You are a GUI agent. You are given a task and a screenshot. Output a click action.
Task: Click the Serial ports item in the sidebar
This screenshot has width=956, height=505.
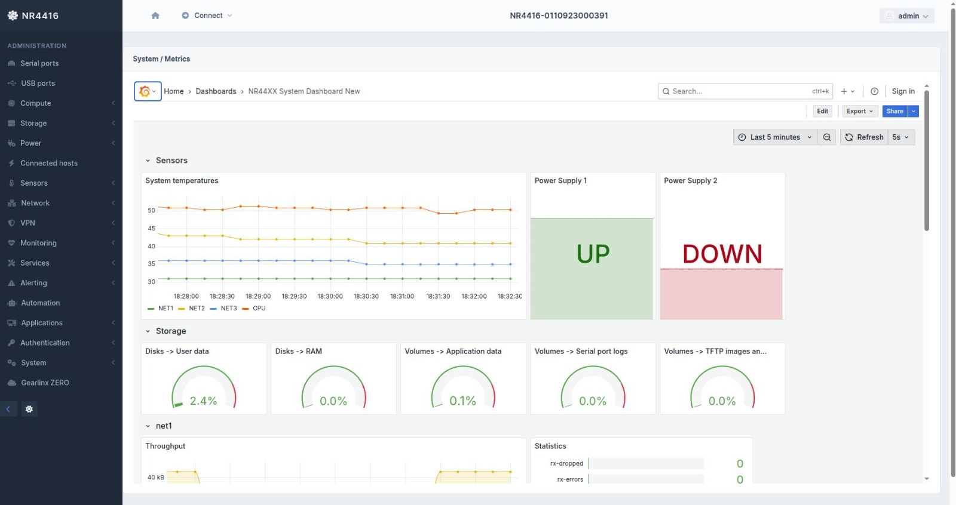pyautogui.click(x=39, y=63)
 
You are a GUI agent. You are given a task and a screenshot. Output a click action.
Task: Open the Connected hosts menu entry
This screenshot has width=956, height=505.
pyautogui.click(x=48, y=163)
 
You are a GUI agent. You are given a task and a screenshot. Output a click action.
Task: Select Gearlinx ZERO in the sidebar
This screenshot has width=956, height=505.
pyautogui.click(x=45, y=383)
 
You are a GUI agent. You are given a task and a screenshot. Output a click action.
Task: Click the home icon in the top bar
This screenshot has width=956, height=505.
pyautogui.click(x=155, y=16)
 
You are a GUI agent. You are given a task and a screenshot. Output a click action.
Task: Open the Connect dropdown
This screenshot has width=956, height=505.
pyautogui.click(x=207, y=16)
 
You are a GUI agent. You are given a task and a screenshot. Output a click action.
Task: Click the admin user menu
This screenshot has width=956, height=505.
pyautogui.click(x=907, y=16)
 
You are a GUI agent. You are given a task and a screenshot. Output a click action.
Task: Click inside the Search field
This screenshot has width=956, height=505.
pyautogui.click(x=738, y=91)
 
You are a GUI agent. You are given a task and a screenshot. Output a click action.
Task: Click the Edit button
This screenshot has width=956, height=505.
pyautogui.click(x=822, y=111)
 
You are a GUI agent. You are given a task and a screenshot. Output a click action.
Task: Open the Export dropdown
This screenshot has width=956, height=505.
pyautogui.click(x=859, y=111)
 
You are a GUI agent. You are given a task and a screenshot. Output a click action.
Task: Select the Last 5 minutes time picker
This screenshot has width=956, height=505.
pyautogui.click(x=774, y=137)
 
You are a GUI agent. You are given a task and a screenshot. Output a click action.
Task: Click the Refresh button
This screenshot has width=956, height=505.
pyautogui.click(x=864, y=137)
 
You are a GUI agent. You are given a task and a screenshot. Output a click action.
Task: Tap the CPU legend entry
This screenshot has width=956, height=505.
pyautogui.click(x=259, y=309)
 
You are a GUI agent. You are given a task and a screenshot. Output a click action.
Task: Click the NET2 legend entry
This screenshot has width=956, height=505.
pyautogui.click(x=197, y=309)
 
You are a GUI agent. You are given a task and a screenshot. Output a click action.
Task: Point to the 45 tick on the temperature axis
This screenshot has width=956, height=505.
pyautogui.click(x=151, y=229)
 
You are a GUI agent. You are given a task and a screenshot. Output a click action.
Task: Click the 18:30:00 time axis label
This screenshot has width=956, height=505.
pyautogui.click(x=330, y=296)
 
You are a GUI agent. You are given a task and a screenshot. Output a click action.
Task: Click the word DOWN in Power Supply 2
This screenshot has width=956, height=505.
pyautogui.click(x=722, y=254)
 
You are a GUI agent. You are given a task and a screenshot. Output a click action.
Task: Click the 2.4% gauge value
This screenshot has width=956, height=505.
pyautogui.click(x=203, y=401)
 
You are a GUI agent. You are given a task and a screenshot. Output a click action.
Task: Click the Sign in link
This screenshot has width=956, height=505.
pyautogui.click(x=903, y=91)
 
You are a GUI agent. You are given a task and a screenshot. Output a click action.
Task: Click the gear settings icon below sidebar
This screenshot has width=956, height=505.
pyautogui.click(x=29, y=409)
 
